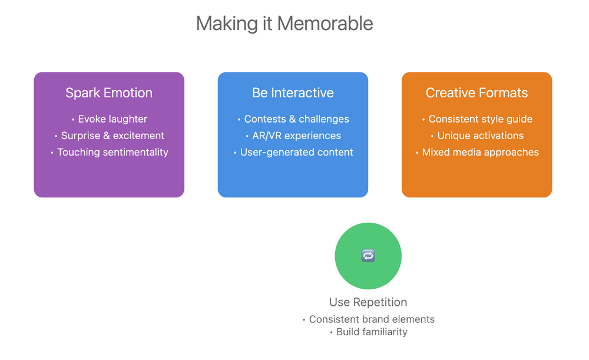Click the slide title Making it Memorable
tap(284, 24)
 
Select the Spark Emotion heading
tap(109, 93)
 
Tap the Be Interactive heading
tap(293, 93)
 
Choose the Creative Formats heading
tap(477, 93)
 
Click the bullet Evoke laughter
tap(112, 119)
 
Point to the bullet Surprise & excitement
tap(112, 136)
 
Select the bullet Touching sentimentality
tap(112, 152)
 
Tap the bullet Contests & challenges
tap(296, 119)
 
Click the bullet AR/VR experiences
tap(296, 136)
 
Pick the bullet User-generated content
tap(296, 152)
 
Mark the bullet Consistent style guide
tap(480, 119)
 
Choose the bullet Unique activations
tap(480, 136)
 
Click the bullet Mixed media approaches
tap(480, 152)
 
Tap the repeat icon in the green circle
tap(368, 256)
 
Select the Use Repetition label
tap(368, 302)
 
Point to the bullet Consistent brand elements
tap(371, 319)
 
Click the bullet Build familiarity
tap(371, 332)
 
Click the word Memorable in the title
tap(325, 24)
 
